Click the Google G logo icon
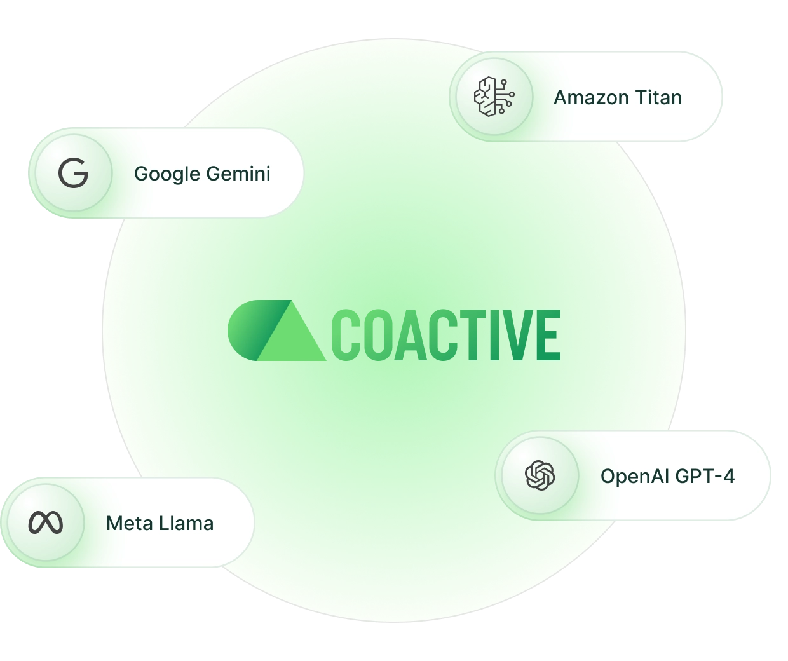point(73,174)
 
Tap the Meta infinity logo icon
point(46,522)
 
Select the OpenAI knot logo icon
point(540,475)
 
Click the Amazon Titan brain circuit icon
point(494,97)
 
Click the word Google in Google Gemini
point(167,174)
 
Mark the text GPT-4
point(705,476)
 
